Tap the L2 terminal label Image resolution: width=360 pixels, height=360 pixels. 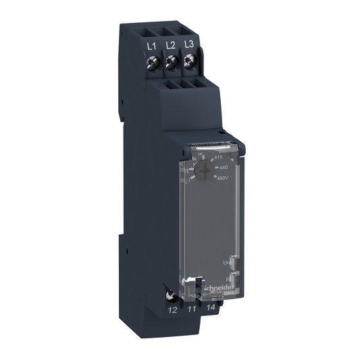pyautogui.click(x=170, y=45)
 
